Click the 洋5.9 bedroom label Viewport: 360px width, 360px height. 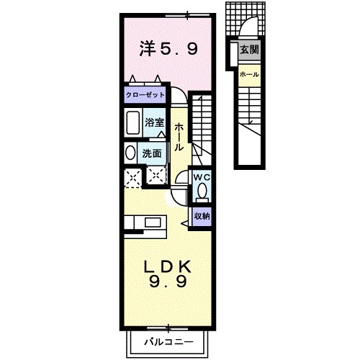[x=167, y=50]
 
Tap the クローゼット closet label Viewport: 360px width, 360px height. [x=145, y=95]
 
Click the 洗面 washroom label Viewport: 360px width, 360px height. [x=152, y=153]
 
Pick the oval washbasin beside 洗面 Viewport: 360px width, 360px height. [x=130, y=153]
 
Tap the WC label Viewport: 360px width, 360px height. [x=200, y=176]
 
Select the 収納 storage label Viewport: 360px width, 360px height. [x=202, y=215]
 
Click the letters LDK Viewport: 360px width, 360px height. [x=168, y=266]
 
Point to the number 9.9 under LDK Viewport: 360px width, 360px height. [x=168, y=282]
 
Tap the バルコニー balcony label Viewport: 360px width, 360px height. [x=167, y=339]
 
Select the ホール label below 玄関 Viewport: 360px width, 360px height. [x=249, y=75]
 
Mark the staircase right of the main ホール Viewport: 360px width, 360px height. [x=203, y=122]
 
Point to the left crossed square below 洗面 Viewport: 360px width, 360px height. [x=132, y=176]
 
